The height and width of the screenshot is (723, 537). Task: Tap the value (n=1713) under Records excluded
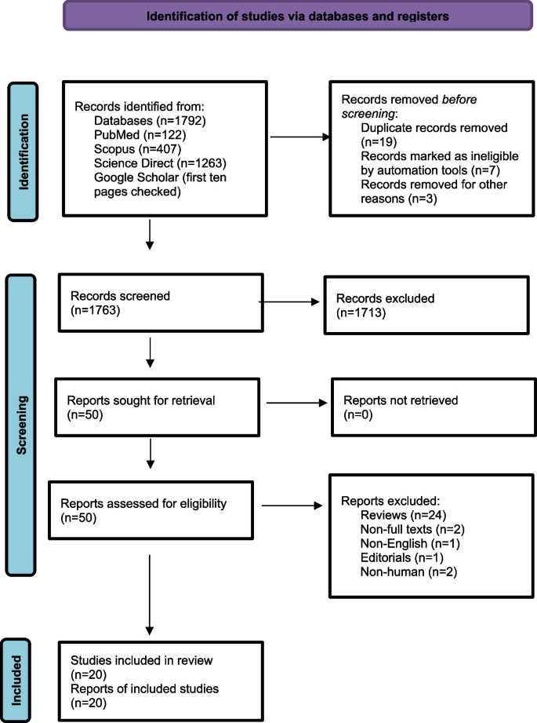tap(357, 313)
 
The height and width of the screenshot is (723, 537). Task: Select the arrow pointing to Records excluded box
tap(290, 301)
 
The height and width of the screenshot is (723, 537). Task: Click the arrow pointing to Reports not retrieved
tap(297, 403)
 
